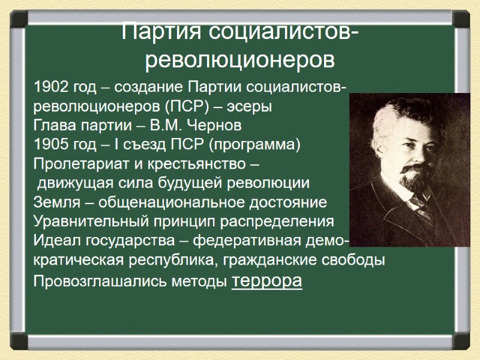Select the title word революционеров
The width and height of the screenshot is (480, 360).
coord(240,60)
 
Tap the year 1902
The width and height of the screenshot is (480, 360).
coord(52,89)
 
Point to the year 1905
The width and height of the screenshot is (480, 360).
coord(52,145)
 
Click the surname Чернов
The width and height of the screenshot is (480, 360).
coord(215,127)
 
